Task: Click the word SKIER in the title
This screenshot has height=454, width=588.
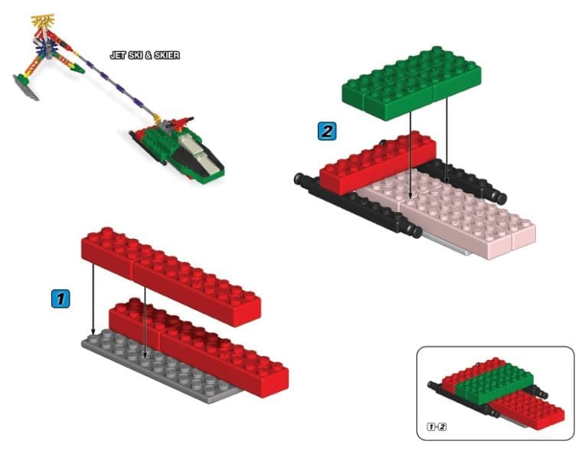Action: coord(167,55)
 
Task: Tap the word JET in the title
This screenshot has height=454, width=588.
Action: coord(118,55)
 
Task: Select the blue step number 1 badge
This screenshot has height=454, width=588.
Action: coord(60,299)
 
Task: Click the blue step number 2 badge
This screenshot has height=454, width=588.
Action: coord(327,131)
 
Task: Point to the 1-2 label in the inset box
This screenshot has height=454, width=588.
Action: coord(436,426)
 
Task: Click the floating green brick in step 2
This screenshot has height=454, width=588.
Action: coord(412,83)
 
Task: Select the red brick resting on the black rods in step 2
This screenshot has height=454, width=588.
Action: coord(377,163)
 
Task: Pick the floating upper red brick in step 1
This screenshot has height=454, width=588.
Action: coord(171,276)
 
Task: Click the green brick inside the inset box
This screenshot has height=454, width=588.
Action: coord(495,382)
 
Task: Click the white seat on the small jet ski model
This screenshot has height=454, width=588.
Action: coord(198,152)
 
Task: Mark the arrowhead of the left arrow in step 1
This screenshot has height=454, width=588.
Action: coord(93,332)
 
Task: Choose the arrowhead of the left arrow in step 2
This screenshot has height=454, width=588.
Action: coord(410,195)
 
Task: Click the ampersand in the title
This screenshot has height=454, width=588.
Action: coord(148,55)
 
